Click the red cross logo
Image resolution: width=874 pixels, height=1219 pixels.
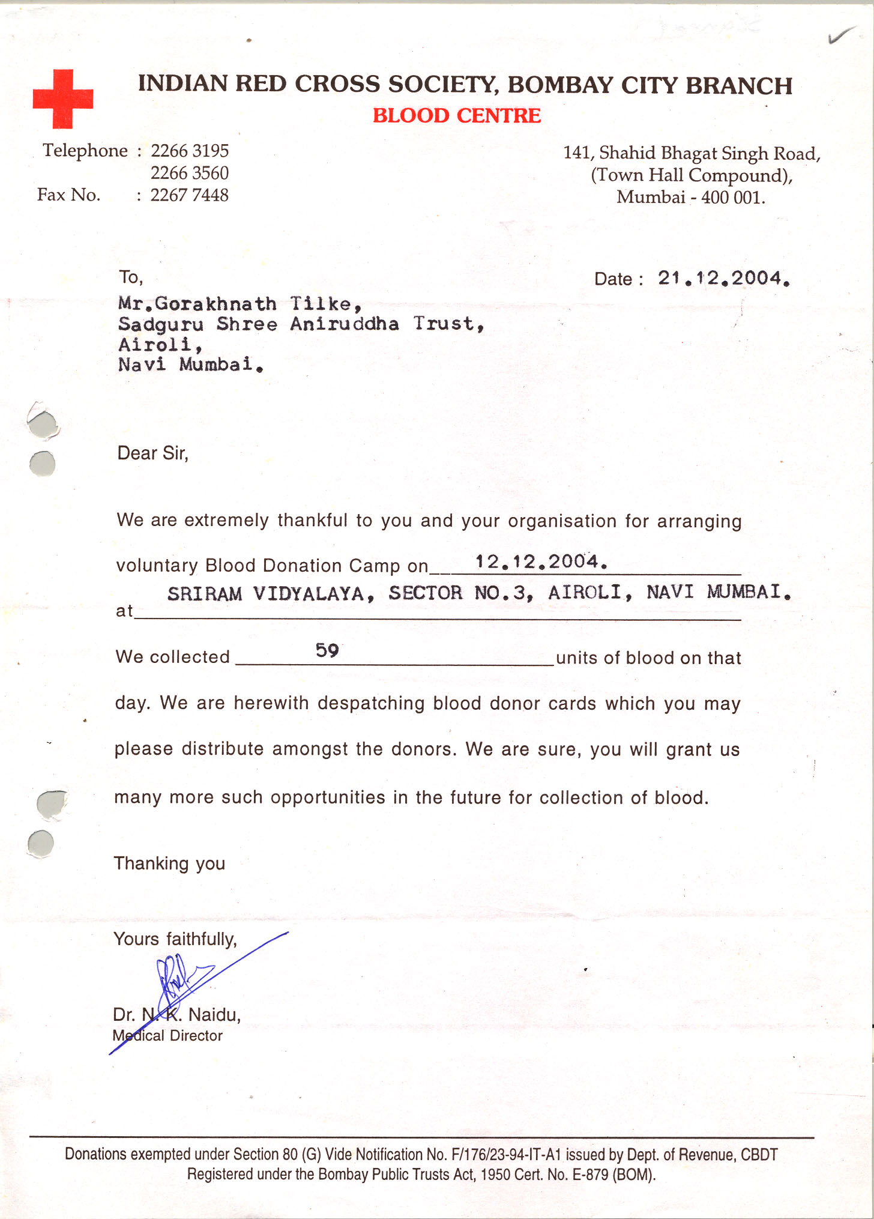[x=62, y=98]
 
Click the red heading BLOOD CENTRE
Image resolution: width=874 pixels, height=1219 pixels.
[x=456, y=115]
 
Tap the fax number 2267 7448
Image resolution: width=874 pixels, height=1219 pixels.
[x=189, y=195]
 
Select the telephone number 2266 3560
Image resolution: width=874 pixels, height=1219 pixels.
[x=189, y=173]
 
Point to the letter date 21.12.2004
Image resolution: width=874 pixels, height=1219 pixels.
[x=723, y=278]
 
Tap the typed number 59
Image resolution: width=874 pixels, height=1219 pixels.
[x=327, y=650]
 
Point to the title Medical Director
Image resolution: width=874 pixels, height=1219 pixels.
[x=167, y=1036]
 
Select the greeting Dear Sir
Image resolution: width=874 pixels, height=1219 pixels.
[x=152, y=453]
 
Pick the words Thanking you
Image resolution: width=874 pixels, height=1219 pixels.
[x=169, y=864]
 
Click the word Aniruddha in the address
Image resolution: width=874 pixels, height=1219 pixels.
[x=345, y=324]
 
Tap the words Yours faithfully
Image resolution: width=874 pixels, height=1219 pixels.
[x=175, y=939]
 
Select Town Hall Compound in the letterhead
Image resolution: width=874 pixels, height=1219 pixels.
[x=692, y=175]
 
